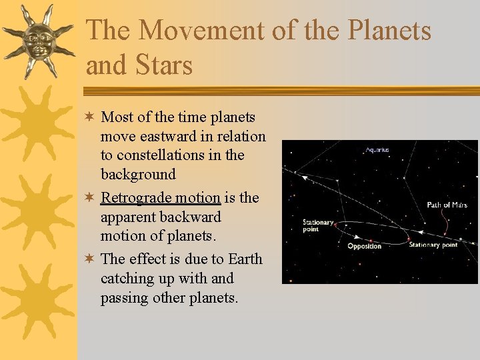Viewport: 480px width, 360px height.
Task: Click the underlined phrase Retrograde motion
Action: point(160,197)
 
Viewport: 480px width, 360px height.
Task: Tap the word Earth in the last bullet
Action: point(245,259)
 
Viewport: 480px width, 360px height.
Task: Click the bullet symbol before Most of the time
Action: point(90,117)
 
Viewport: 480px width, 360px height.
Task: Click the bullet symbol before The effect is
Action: point(90,259)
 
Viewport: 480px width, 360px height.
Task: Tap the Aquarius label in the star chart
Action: point(378,150)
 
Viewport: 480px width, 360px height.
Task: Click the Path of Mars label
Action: point(447,205)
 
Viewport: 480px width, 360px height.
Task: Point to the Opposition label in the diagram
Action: point(365,247)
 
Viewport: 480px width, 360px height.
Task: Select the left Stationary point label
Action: point(318,225)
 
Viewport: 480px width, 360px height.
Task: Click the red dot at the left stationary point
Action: point(335,225)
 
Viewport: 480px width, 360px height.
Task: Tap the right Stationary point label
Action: point(433,245)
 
